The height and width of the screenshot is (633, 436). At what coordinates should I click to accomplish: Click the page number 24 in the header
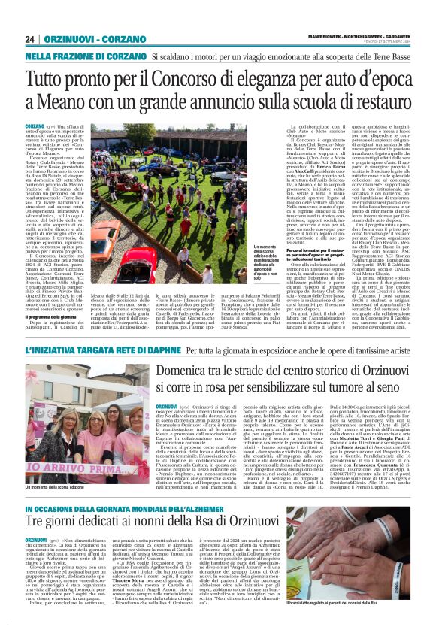coord(30,39)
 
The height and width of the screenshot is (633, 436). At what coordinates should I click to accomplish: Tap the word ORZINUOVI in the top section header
coord(63,39)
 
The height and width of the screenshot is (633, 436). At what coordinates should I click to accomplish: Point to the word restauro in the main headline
coord(377,101)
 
